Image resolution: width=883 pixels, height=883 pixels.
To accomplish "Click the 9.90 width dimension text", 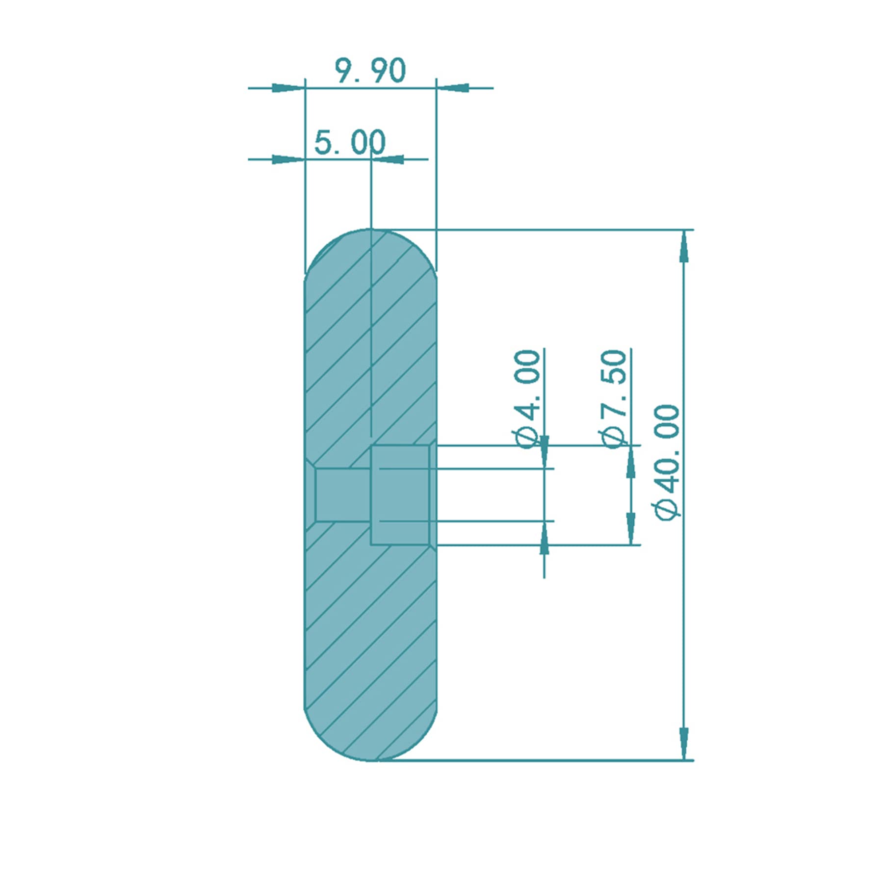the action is [x=371, y=71].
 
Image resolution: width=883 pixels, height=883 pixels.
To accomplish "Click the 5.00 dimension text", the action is [x=350, y=142].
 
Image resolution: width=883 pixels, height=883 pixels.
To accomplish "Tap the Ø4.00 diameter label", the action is [x=527, y=399].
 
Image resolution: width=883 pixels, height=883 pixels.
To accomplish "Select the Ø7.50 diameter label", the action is [x=613, y=399].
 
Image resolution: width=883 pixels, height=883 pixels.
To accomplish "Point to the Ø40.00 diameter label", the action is [x=667, y=461].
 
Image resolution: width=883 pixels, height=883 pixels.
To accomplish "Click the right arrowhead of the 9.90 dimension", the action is [x=453, y=88].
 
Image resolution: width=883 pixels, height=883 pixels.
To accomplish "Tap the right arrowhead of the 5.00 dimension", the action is [x=388, y=159].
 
